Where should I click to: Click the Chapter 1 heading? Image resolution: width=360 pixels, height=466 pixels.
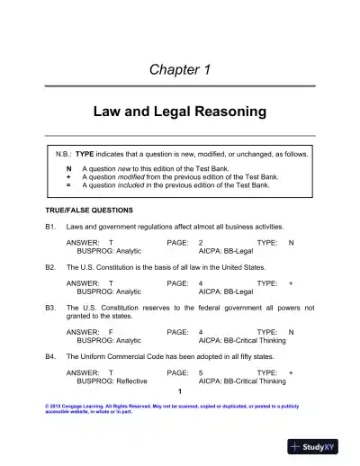pos(179,69)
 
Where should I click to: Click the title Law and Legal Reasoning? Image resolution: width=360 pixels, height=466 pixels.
pos(180,112)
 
